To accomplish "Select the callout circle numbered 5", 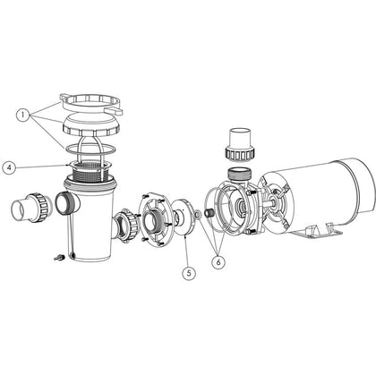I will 188,274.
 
